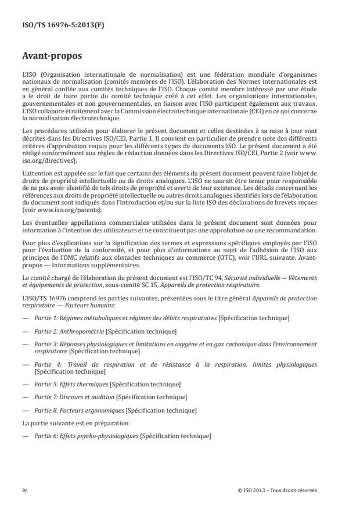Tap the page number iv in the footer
tap(24, 490)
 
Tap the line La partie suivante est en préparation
tap(75, 423)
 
